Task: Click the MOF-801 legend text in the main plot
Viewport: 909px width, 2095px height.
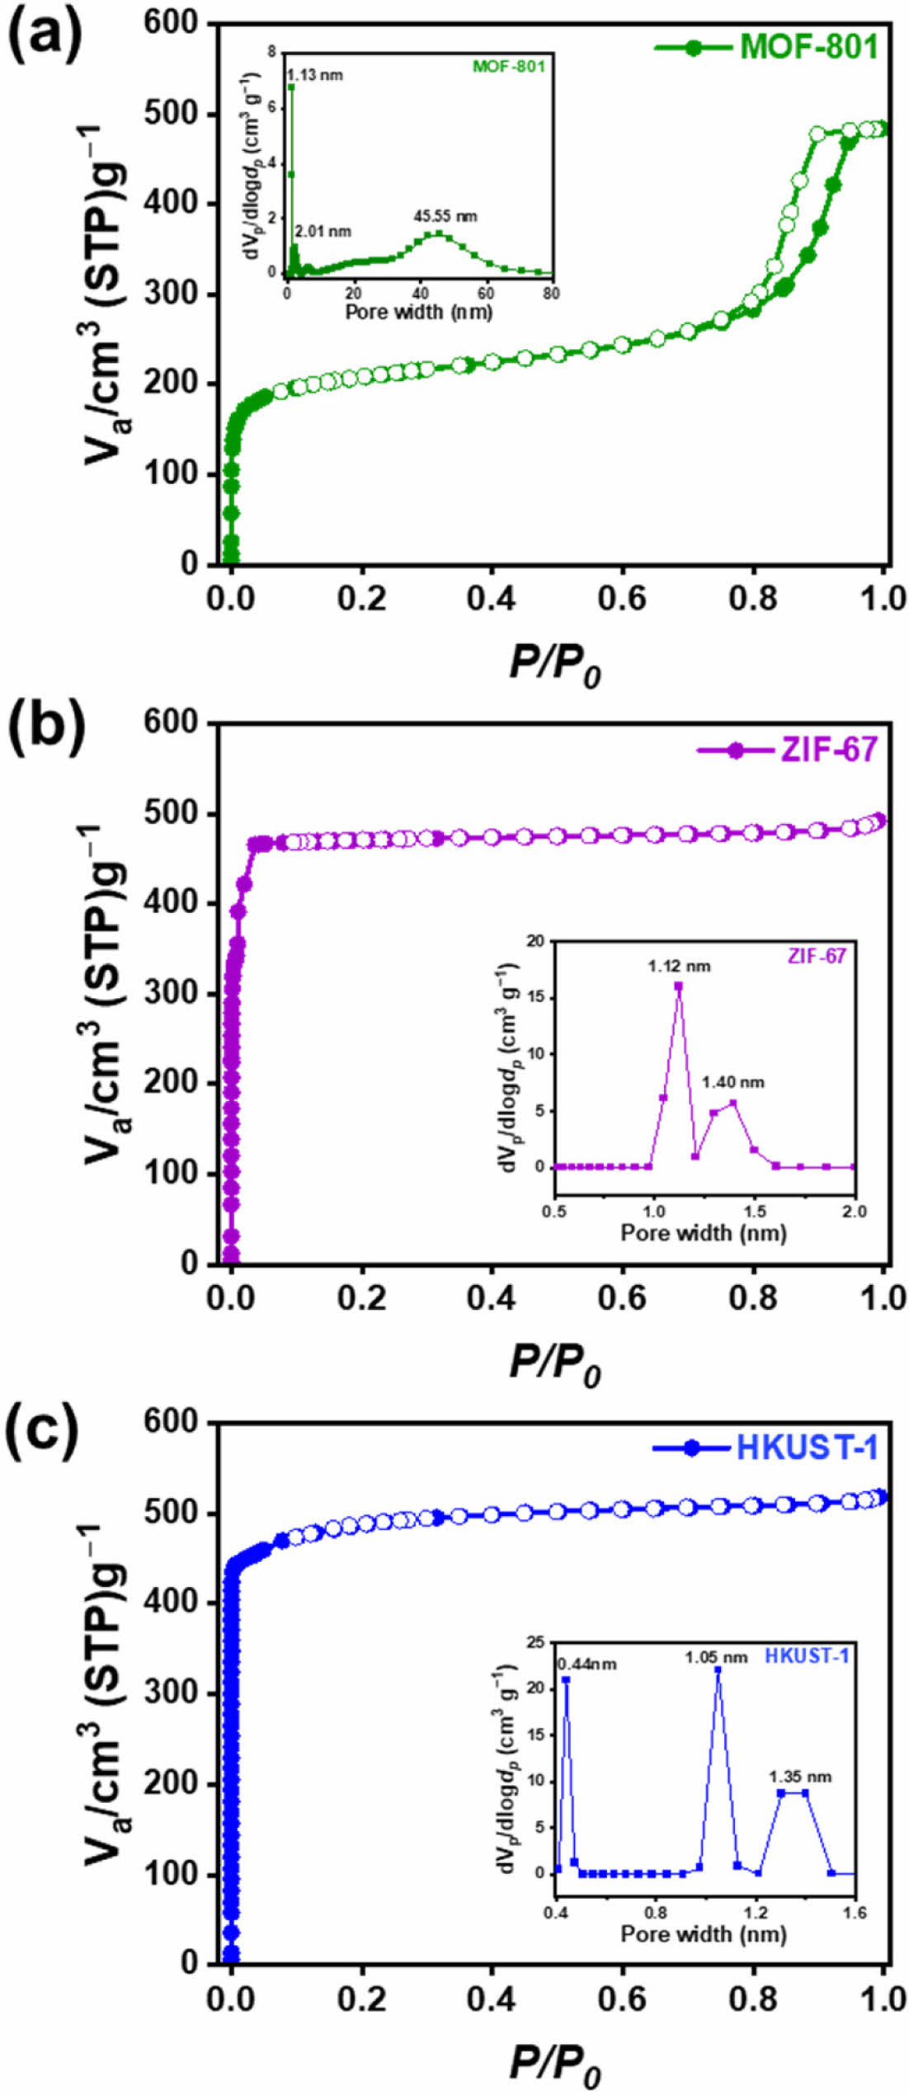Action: point(808,46)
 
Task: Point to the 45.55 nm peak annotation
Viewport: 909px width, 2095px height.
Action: point(445,216)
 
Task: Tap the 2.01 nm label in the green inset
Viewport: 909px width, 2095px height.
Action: point(323,232)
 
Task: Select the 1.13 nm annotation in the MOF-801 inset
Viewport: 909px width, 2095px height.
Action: point(315,75)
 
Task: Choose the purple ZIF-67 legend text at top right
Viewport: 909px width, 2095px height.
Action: point(828,750)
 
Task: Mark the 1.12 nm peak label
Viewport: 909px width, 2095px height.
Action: point(679,966)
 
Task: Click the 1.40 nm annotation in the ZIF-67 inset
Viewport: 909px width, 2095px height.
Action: point(732,1082)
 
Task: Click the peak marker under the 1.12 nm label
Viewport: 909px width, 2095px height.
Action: point(679,986)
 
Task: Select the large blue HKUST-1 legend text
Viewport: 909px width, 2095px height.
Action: point(807,1448)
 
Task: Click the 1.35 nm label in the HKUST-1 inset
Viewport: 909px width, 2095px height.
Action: point(800,1777)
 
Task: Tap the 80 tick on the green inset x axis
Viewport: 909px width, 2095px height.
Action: point(551,293)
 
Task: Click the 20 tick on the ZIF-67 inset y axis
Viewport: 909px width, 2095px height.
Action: point(536,941)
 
